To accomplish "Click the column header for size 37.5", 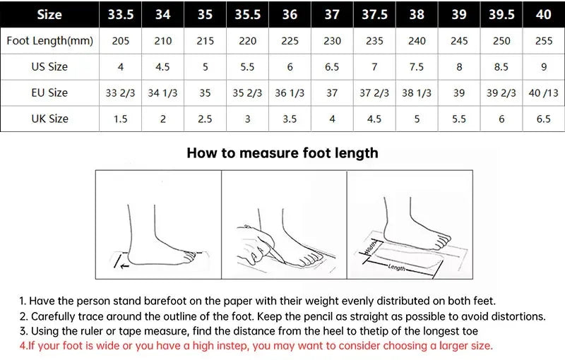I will point(374,14).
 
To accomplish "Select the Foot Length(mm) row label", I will point(49,41).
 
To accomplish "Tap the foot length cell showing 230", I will point(332,41).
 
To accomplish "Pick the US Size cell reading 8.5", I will point(501,67).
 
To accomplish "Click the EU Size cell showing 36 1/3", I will point(290,92).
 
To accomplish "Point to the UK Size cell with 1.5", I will point(121,119).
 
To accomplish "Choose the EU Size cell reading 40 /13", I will point(543,92).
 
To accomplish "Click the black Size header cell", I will point(49,14).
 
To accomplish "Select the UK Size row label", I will point(49,119).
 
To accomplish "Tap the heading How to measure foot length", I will point(282,152).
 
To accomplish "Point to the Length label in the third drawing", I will point(397,268).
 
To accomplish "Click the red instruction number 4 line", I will point(256,345).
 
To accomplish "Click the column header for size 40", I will point(543,14).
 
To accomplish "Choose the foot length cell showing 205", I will point(121,41).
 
